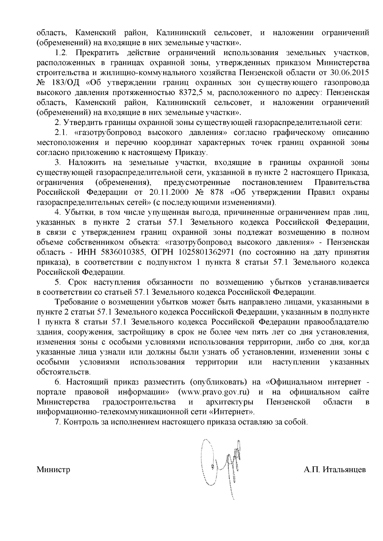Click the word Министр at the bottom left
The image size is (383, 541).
[53, 470]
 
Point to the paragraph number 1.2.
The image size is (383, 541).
[60, 52]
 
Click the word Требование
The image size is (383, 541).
[80, 302]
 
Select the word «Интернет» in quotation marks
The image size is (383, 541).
[234, 412]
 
